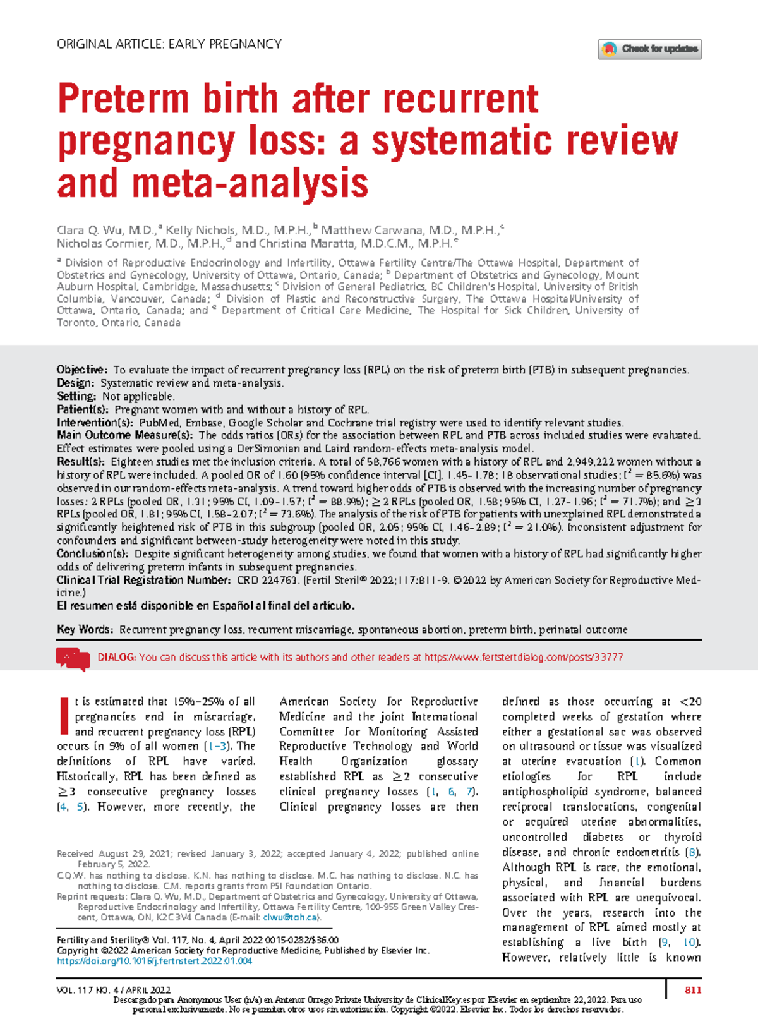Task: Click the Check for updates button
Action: coord(649,49)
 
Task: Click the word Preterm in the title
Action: coord(123,100)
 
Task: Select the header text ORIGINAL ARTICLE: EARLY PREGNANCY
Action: coord(169,44)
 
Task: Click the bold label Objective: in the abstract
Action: coord(82,370)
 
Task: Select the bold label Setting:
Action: coord(76,396)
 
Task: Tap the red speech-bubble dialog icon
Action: coord(73,658)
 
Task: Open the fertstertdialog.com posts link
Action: coord(523,657)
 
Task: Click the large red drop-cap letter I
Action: coord(63,716)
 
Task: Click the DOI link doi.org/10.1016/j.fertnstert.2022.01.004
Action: coord(154,961)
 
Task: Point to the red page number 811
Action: coord(692,990)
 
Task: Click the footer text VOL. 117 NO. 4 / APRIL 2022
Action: coord(114,990)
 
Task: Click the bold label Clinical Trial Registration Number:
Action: coord(143,580)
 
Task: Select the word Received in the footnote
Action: coord(75,853)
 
